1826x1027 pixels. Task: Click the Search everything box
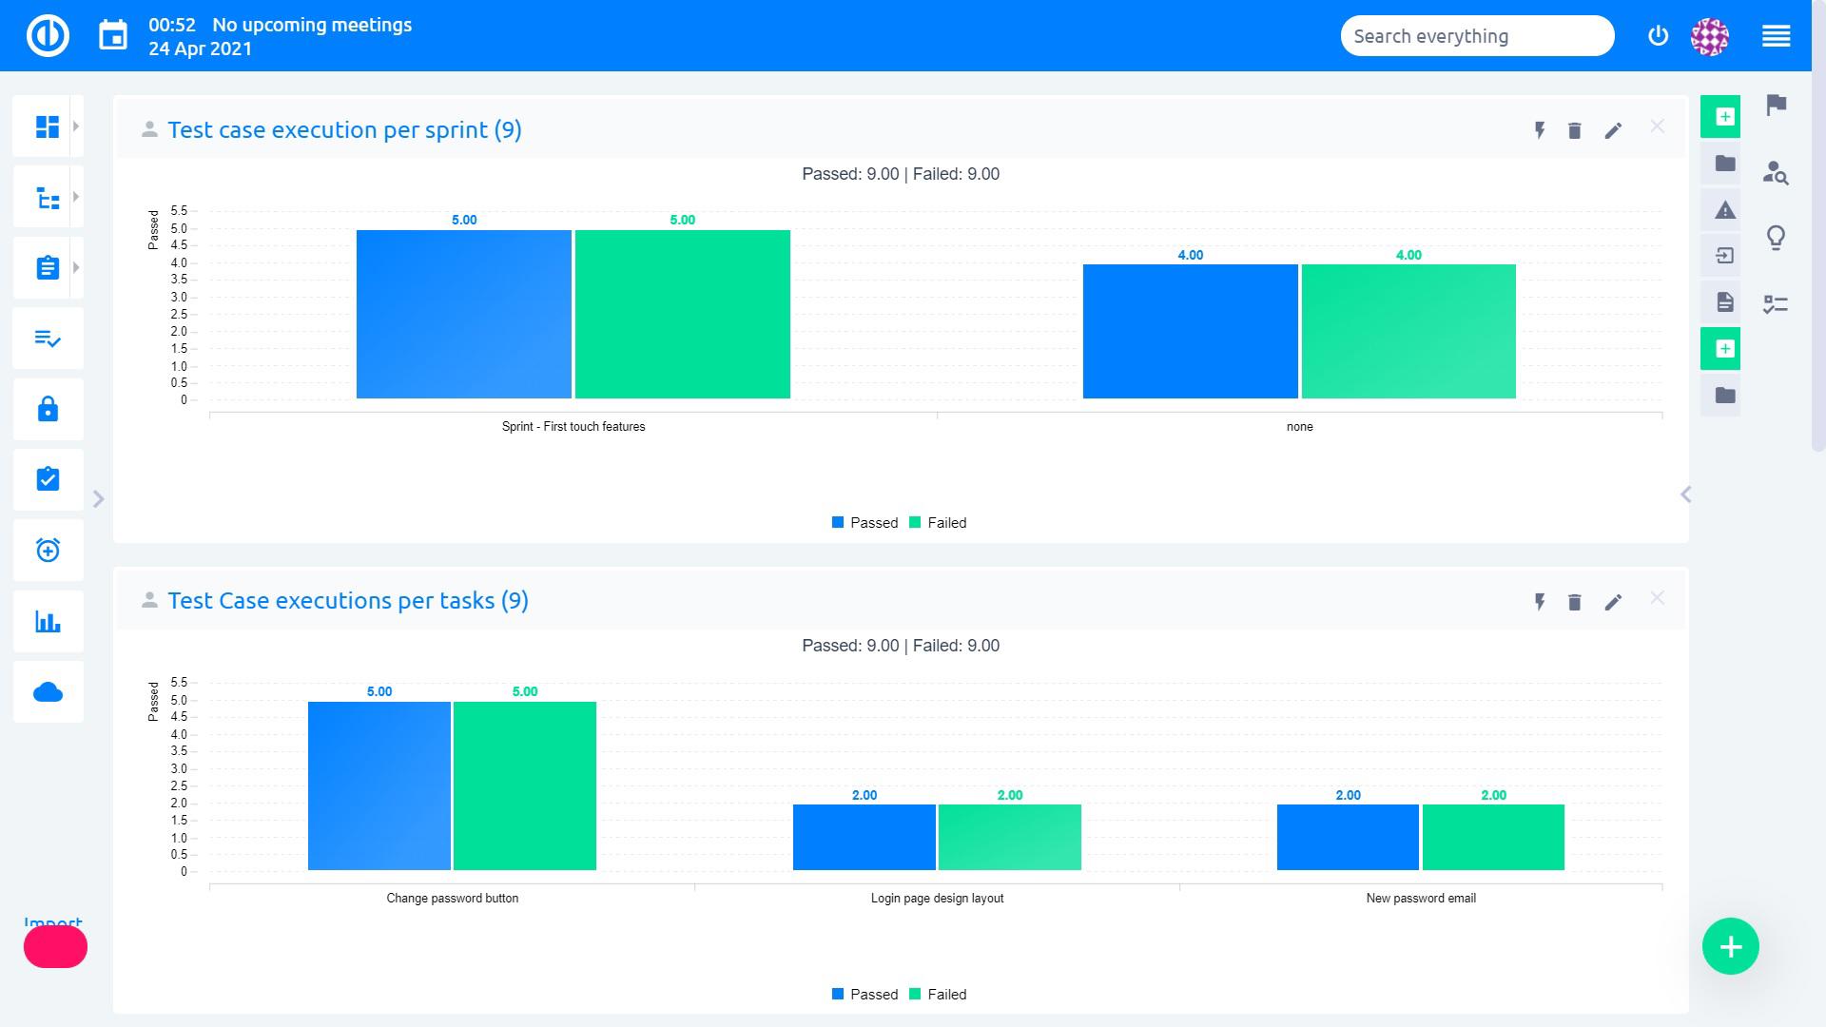(x=1476, y=36)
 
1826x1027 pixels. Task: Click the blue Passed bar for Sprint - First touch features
(x=464, y=314)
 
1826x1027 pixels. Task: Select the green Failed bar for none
(x=1408, y=331)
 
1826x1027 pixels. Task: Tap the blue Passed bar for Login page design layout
(x=864, y=837)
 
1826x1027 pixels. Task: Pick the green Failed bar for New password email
(x=1493, y=837)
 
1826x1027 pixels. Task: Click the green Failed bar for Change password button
(x=525, y=785)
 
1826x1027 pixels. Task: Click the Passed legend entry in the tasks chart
(x=864, y=995)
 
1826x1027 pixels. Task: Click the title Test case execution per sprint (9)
(x=344, y=130)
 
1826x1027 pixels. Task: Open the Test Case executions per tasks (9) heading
(x=348, y=601)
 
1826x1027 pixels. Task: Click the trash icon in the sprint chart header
(x=1574, y=131)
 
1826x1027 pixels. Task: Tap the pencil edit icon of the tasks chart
(x=1613, y=602)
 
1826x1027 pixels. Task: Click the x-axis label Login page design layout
(x=937, y=899)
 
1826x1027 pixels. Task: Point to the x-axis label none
(x=1299, y=427)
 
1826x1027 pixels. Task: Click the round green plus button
(x=1730, y=946)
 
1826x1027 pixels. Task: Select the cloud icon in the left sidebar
(x=48, y=692)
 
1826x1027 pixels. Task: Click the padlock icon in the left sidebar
(x=48, y=410)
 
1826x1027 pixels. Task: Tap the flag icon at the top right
(x=1776, y=105)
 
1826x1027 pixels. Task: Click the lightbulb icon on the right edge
(x=1776, y=238)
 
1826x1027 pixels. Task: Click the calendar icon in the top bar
(x=113, y=36)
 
